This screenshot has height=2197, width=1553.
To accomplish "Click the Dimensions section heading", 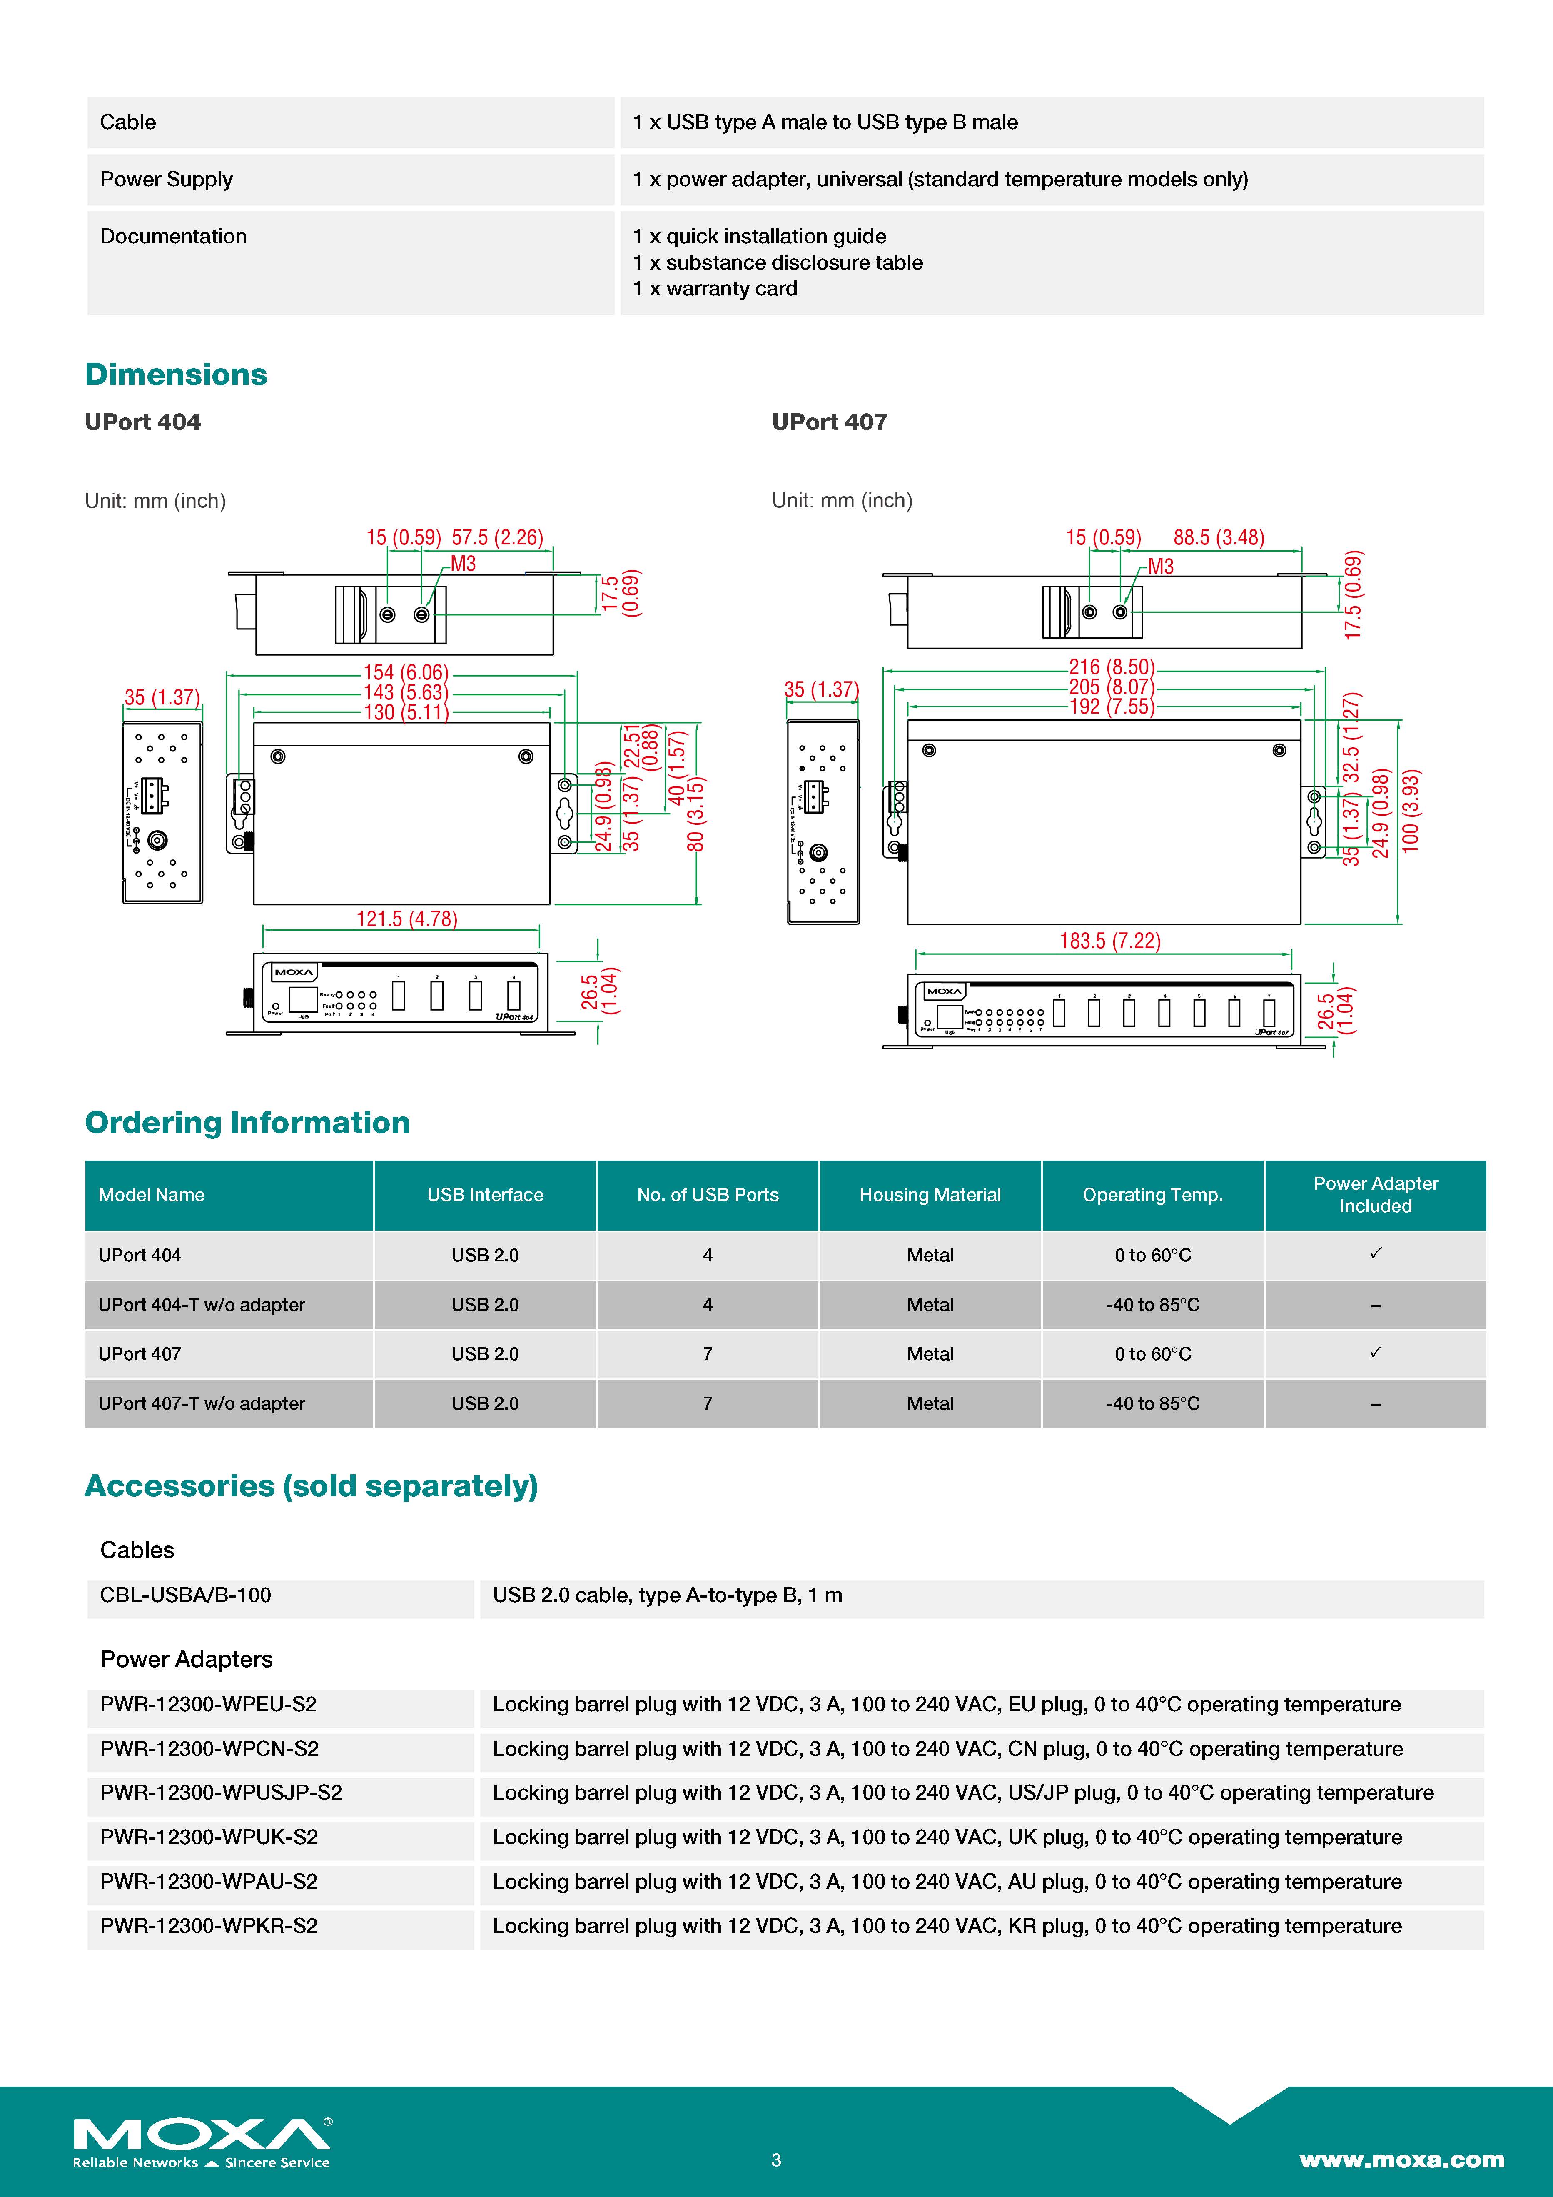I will tap(176, 374).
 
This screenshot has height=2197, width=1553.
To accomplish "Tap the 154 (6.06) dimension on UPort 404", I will tap(406, 673).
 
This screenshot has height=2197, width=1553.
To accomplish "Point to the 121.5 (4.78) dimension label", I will tap(406, 919).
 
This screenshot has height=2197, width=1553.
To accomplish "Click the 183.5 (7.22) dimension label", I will tap(1110, 941).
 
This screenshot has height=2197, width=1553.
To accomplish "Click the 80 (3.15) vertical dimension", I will tap(695, 814).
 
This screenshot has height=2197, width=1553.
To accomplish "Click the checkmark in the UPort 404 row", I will tap(1375, 1253).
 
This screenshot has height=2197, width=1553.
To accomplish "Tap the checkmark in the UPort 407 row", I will tap(1375, 1352).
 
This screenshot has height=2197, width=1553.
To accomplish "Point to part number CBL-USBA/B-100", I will tap(186, 1595).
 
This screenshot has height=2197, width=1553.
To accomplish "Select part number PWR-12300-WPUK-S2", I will tap(209, 1837).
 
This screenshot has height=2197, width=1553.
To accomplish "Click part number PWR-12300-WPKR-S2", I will tap(209, 1926).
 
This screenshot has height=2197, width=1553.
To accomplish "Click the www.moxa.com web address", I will tap(1401, 2160).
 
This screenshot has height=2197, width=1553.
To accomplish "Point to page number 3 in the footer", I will tap(776, 2160).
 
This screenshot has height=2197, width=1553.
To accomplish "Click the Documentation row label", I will tap(173, 236).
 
